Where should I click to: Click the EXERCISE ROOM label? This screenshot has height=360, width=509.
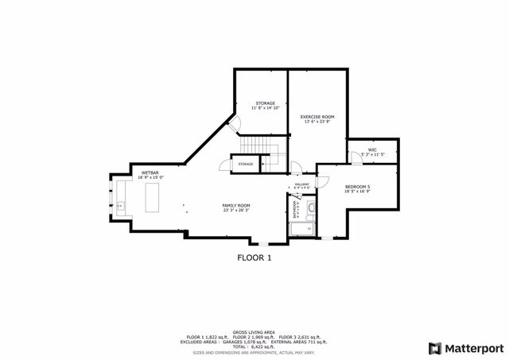point(317,117)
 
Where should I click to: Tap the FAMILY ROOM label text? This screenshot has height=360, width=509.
point(236,206)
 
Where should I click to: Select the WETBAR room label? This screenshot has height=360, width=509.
point(151,173)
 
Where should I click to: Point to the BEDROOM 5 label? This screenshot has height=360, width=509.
point(357,187)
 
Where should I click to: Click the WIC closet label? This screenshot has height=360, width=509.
point(371,149)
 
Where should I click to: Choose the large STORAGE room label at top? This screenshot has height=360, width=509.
point(265,103)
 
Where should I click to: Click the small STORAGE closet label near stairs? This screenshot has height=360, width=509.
point(246,165)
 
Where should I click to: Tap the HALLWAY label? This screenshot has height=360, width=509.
point(302,184)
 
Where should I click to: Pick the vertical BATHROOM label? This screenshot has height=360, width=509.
point(294,209)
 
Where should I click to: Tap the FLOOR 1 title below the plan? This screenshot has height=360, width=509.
point(254,257)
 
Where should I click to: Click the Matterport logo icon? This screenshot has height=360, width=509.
point(434,347)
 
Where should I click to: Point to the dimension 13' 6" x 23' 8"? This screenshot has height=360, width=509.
point(317,122)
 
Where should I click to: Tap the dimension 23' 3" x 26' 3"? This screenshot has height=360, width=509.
point(236,211)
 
